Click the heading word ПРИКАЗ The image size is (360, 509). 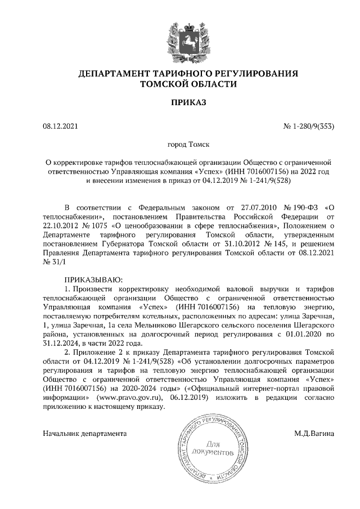click(x=180, y=103)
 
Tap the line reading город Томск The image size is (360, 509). click(x=180, y=145)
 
